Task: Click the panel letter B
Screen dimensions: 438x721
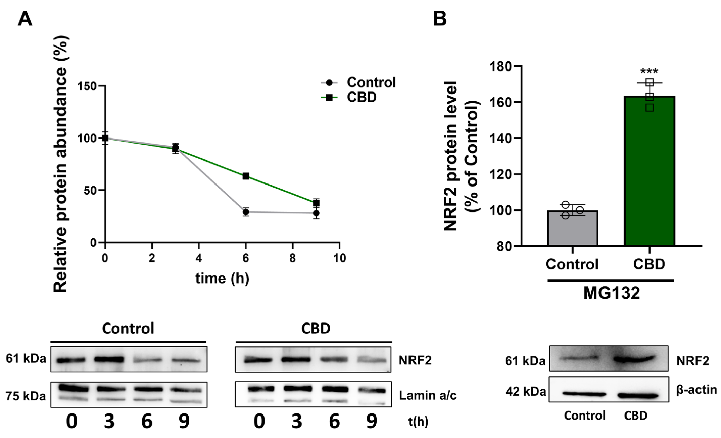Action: tap(440, 19)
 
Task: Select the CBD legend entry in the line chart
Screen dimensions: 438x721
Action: tap(361, 98)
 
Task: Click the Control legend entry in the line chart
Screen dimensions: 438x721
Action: tap(371, 83)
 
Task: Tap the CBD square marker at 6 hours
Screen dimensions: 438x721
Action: tap(246, 176)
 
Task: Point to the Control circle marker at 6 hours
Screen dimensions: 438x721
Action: tap(246, 212)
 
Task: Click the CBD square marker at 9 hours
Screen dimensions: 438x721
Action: tap(316, 203)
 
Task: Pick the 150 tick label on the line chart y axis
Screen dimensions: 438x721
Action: tap(87, 86)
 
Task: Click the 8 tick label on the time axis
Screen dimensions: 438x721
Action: tap(292, 258)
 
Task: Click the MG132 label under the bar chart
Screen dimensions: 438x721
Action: tap(612, 293)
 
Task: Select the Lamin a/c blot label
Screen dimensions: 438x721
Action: tap(427, 396)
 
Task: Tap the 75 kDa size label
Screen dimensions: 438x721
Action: tap(26, 396)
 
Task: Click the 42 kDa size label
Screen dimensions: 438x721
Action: tap(525, 392)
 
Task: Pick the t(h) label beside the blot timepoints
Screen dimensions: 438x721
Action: tap(418, 421)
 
